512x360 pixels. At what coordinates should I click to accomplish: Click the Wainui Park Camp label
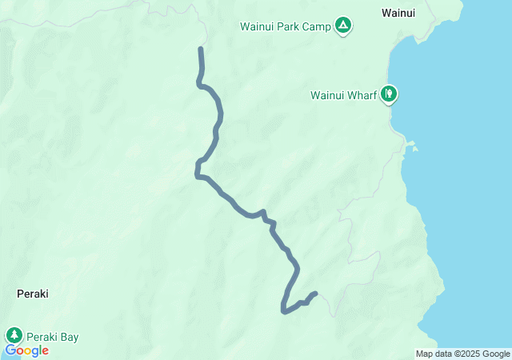(286, 26)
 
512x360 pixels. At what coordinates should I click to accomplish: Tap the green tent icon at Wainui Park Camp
(343, 26)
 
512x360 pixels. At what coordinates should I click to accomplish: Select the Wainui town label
(398, 13)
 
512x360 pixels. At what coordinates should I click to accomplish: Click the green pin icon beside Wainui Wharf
(389, 94)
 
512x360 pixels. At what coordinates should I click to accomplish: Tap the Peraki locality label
(33, 294)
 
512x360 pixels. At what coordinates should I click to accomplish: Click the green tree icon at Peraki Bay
(14, 336)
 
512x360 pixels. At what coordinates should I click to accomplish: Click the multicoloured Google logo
(26, 350)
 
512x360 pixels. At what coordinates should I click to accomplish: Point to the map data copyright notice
(462, 354)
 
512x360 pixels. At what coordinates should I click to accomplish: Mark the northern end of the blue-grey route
(201, 50)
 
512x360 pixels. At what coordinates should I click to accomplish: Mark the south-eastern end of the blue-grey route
(316, 294)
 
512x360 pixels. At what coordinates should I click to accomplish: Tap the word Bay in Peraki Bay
(69, 337)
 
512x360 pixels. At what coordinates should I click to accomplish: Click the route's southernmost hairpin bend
(283, 310)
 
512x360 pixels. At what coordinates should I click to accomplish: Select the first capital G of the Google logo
(10, 350)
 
